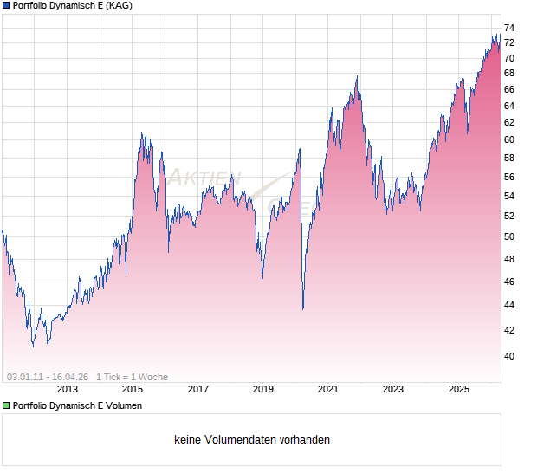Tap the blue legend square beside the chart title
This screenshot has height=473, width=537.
[x=6, y=6]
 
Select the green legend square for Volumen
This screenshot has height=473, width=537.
[x=6, y=405]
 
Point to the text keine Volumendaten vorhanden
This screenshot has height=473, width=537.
[x=252, y=440]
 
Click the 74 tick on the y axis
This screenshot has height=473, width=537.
[x=509, y=28]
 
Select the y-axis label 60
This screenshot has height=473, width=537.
[x=509, y=139]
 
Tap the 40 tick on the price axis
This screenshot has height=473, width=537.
[x=509, y=356]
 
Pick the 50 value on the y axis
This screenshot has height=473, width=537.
[x=509, y=237]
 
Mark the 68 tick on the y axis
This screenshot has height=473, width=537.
[x=509, y=89]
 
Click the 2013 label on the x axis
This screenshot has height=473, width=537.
[x=68, y=390]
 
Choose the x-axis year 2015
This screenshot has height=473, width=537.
[x=133, y=390]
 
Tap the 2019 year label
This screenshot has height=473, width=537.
[x=263, y=390]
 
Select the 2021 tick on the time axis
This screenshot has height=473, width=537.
[x=328, y=390]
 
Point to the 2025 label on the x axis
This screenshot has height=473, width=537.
[x=458, y=390]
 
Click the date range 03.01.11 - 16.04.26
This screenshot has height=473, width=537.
[x=48, y=377]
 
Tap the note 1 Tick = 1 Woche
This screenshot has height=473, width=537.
[x=132, y=377]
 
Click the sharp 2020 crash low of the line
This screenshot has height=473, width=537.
[x=302, y=308]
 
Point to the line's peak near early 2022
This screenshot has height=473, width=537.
[x=357, y=77]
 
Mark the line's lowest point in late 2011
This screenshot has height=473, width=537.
[x=33, y=347]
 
